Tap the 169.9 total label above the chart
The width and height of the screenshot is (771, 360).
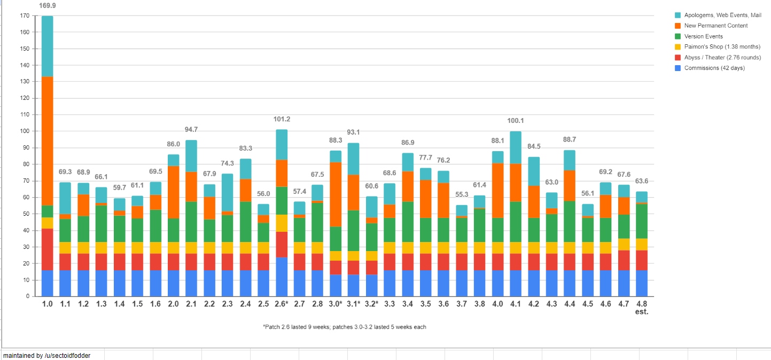tap(47, 5)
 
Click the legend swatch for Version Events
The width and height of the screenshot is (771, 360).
tap(677, 36)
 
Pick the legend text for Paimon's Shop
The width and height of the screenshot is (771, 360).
tap(722, 47)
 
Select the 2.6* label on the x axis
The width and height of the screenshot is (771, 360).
tap(282, 304)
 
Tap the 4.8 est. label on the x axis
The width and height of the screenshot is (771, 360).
tap(642, 307)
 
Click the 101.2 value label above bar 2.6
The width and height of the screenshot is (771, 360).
tap(282, 119)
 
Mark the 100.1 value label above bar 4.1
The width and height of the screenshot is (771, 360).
tap(516, 121)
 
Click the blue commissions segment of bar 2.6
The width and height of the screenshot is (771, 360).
tap(282, 277)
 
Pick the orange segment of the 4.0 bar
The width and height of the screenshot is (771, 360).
tap(497, 190)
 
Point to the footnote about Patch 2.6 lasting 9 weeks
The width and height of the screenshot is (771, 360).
tap(345, 327)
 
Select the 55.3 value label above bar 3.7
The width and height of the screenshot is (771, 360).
tap(461, 195)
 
